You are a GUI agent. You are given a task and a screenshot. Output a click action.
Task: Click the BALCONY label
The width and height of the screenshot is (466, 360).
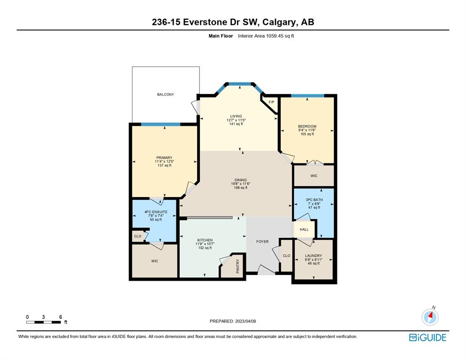pyautogui.click(x=166, y=94)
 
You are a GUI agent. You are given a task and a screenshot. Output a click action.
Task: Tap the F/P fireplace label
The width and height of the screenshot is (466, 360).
pyautogui.click(x=271, y=102)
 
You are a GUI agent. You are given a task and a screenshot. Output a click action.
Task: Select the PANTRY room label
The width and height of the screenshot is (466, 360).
pyautogui.click(x=237, y=266)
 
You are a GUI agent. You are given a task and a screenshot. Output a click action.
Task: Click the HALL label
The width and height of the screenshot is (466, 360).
pyautogui.click(x=304, y=230)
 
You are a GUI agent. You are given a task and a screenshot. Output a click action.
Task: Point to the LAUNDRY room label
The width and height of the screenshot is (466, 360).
pyautogui.click(x=313, y=256)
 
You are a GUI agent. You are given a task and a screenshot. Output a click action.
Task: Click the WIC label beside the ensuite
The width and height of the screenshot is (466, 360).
pyautogui.click(x=154, y=261)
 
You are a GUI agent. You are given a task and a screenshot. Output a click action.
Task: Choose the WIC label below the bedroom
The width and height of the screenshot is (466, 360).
pyautogui.click(x=314, y=176)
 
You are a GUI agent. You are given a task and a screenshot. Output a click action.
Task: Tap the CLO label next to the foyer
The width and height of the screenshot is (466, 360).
pyautogui.click(x=286, y=256)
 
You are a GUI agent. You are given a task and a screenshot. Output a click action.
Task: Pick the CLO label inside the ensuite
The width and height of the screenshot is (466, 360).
pyautogui.click(x=138, y=237)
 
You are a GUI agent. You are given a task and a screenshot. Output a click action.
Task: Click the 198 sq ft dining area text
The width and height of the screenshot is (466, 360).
pyautogui.click(x=240, y=188)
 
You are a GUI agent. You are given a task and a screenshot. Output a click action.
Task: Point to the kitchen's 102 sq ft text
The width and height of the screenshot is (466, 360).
pyautogui.click(x=205, y=248)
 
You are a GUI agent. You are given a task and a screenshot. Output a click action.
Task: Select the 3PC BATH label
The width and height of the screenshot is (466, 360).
pyautogui.click(x=314, y=200)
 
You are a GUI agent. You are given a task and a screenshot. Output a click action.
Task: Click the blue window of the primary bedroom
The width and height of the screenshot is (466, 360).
pyautogui.click(x=160, y=124)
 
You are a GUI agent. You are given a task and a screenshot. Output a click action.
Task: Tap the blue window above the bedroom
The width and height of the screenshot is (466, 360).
pyautogui.click(x=307, y=96)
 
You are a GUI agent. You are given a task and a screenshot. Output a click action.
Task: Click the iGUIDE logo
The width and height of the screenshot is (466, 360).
pyautogui.click(x=428, y=337)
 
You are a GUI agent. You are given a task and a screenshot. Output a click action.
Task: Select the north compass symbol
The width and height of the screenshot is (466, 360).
pyautogui.click(x=430, y=316)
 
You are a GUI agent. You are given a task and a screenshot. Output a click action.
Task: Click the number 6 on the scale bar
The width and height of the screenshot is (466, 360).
pyautogui.click(x=61, y=317)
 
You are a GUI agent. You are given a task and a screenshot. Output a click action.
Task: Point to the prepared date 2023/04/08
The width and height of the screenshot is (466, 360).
pyautogui.click(x=245, y=321)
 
